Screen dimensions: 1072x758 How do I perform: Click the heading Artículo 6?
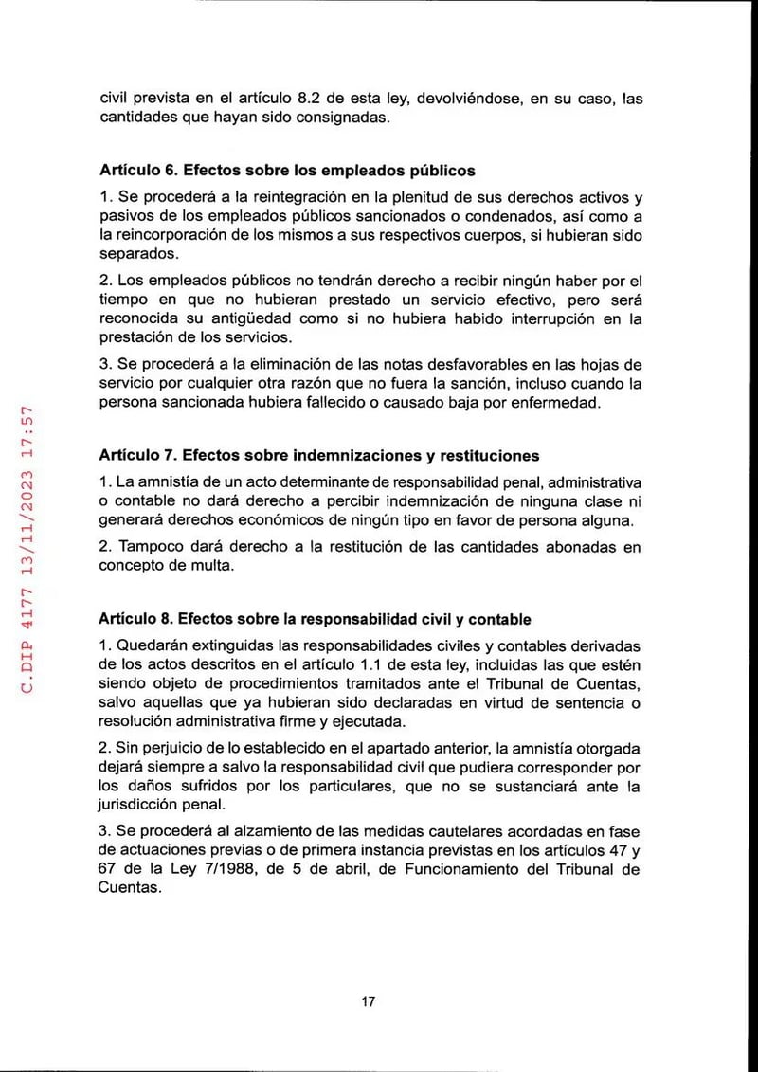coord(287,172)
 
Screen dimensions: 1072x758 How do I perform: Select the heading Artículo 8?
coord(315,619)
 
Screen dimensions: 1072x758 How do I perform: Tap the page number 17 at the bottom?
coord(370,1002)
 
